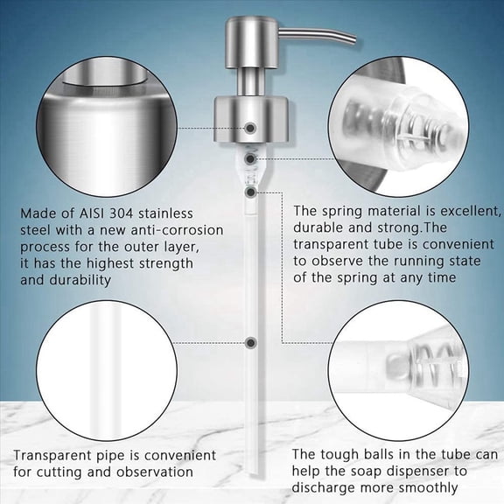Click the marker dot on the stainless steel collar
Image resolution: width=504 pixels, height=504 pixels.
click(251, 128)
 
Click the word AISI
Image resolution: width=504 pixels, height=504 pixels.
click(95, 213)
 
